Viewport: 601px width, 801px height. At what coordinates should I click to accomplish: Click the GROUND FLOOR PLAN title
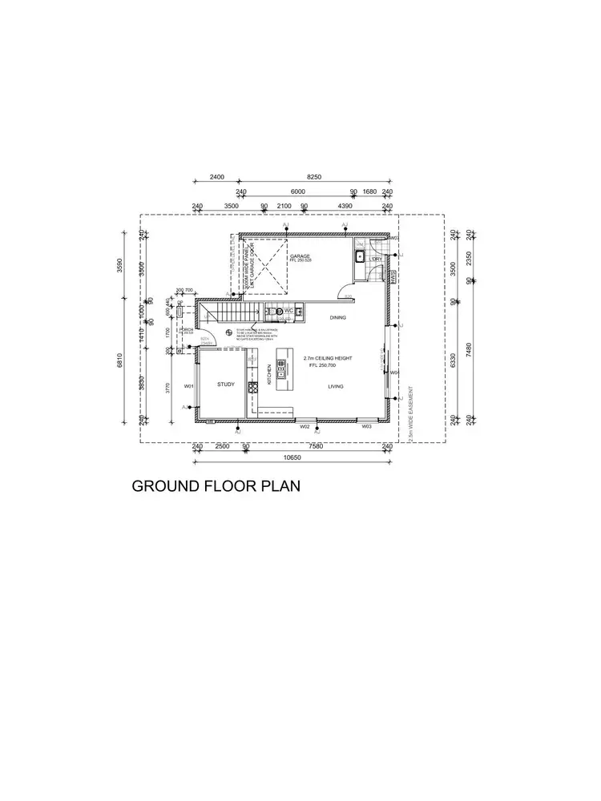[x=216, y=486]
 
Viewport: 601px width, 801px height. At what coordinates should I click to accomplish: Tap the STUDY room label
[x=226, y=385]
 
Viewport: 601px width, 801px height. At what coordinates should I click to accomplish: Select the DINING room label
[x=337, y=318]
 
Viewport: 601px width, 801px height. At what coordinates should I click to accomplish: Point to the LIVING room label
[x=336, y=386]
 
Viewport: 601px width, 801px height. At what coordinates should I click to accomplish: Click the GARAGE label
[x=300, y=256]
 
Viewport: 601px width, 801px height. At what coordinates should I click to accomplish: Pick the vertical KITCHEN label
[x=269, y=375]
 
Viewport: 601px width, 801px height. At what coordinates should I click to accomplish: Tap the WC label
[x=288, y=310]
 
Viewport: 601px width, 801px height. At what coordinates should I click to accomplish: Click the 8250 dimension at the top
[x=314, y=177]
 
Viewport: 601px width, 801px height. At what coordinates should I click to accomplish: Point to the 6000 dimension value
[x=297, y=192]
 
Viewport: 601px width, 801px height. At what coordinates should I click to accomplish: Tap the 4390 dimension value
[x=345, y=207]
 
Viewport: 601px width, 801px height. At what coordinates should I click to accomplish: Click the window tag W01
[x=189, y=386]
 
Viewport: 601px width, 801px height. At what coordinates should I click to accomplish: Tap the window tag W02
[x=305, y=427]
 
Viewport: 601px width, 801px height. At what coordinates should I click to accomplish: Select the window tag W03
[x=366, y=427]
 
